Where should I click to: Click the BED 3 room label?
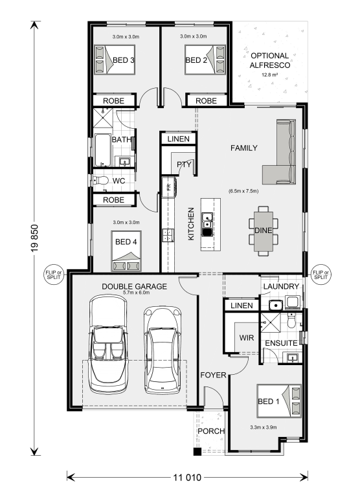(x=124, y=60)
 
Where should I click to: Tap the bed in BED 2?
(x=205, y=60)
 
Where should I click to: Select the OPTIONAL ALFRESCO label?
(x=270, y=60)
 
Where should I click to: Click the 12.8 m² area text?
(x=269, y=75)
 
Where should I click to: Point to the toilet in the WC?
(x=101, y=180)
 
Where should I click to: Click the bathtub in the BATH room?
(x=102, y=150)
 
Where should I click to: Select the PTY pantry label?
(x=184, y=164)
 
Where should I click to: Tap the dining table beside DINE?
(x=264, y=231)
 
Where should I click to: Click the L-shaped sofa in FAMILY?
(x=282, y=154)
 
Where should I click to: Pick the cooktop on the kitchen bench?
(x=168, y=235)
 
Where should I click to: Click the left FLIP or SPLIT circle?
(x=54, y=275)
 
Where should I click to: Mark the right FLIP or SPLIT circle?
(x=321, y=275)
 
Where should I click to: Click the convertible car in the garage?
(x=108, y=345)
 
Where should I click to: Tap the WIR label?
(x=247, y=338)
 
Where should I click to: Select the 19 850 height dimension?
(x=35, y=238)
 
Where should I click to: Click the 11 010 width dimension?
(x=187, y=478)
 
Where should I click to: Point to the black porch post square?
(x=197, y=452)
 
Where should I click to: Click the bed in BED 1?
(x=279, y=401)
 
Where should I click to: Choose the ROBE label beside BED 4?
(x=113, y=200)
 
